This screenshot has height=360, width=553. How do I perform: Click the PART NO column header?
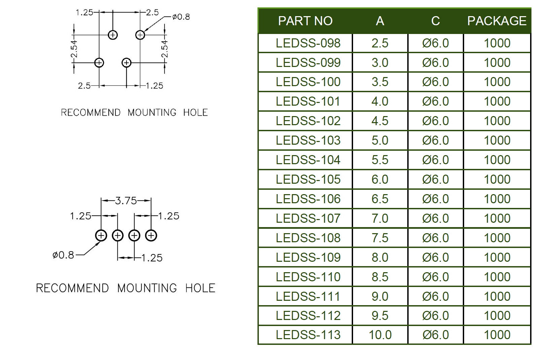pyautogui.click(x=305, y=21)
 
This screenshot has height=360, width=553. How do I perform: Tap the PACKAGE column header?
pyautogui.click(x=497, y=21)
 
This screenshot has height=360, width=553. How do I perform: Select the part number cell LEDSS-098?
pyautogui.click(x=308, y=43)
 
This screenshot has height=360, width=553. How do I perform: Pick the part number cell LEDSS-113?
pyautogui.click(x=308, y=335)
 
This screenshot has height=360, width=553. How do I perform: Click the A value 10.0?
pyautogui.click(x=380, y=335)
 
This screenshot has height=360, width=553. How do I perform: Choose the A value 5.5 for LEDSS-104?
pyautogui.click(x=380, y=160)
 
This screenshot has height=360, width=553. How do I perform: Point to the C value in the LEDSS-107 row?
pyautogui.click(x=436, y=218)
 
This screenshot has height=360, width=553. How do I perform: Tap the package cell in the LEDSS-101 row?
pyautogui.click(x=497, y=101)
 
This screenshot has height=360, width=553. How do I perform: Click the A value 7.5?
pyautogui.click(x=380, y=238)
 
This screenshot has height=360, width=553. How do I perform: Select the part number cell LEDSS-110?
pyautogui.click(x=308, y=277)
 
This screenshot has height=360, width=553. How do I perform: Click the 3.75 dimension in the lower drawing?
pyautogui.click(x=126, y=201)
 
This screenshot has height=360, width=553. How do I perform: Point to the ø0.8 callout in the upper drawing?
pyautogui.click(x=181, y=17)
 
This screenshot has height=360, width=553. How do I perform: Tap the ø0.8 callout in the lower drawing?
pyautogui.click(x=63, y=255)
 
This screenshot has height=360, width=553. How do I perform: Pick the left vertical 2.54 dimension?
pyautogui.click(x=74, y=49)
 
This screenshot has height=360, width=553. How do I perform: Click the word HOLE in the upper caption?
pyautogui.click(x=195, y=112)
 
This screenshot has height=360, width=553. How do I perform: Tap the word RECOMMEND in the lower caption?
pyautogui.click(x=72, y=288)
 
